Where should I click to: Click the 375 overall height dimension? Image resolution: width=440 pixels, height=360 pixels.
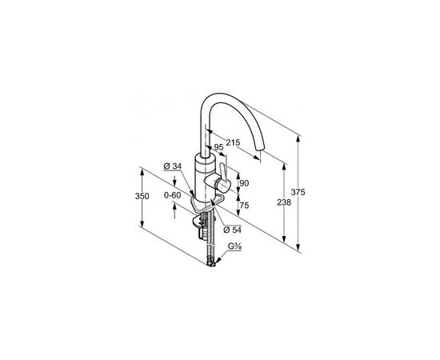[298, 193]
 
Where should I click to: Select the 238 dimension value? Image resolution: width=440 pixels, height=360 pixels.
[284, 202]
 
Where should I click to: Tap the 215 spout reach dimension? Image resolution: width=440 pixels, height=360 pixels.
[233, 142]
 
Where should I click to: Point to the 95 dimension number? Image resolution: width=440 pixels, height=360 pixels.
[218, 147]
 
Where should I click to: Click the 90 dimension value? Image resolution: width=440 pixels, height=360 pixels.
[244, 183]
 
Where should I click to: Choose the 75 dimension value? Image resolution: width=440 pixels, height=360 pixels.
[244, 206]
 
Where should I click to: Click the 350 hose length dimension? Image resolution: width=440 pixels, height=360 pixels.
[142, 196]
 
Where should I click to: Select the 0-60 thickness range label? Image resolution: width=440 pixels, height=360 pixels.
[172, 194]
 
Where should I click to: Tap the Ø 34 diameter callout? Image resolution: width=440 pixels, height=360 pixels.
[173, 166]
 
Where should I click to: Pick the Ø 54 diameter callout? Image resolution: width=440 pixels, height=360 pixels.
[232, 230]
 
